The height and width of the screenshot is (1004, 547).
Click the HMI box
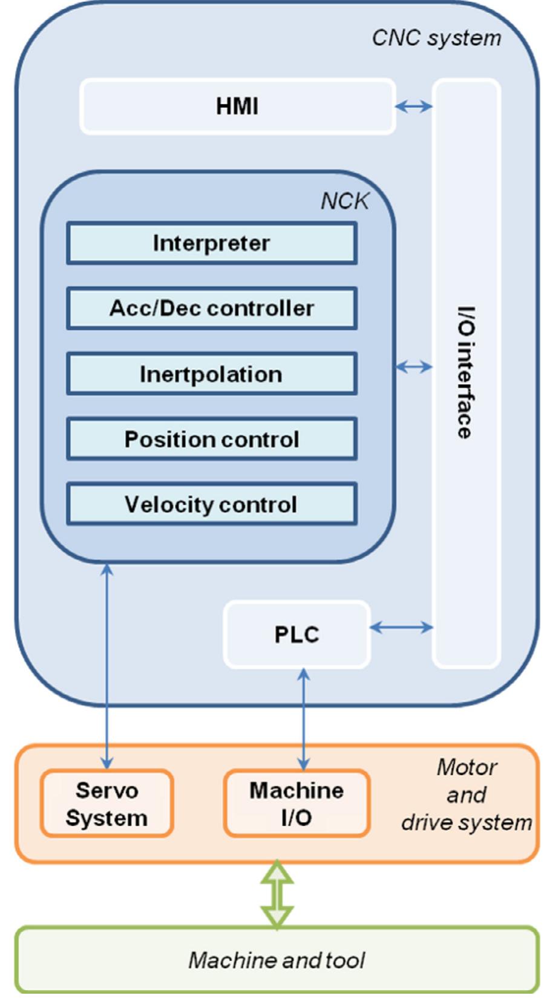pyautogui.click(x=237, y=107)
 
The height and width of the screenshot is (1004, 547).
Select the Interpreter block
pyautogui.click(x=211, y=243)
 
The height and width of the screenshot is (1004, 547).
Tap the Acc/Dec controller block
pyautogui.click(x=211, y=309)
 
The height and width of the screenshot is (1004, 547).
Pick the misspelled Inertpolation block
pyautogui.click(x=211, y=374)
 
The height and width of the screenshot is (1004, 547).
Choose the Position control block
pyautogui.click(x=211, y=439)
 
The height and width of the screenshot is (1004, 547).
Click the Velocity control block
pyautogui.click(x=211, y=504)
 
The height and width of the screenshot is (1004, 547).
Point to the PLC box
pyautogui.click(x=296, y=635)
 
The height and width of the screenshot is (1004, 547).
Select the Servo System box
pyautogui.click(x=106, y=804)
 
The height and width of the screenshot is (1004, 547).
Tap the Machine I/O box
pyautogui.click(x=296, y=804)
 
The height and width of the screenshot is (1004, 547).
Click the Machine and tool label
pyautogui.click(x=277, y=960)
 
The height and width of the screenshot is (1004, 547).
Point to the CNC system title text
pyautogui.click(x=436, y=38)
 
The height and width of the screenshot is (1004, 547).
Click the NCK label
pyautogui.click(x=344, y=201)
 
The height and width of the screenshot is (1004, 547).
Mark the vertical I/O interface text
pyautogui.click(x=465, y=372)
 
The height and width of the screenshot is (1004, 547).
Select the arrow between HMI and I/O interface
pyautogui.click(x=414, y=107)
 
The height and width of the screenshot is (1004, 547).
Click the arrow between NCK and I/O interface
pyautogui.click(x=414, y=366)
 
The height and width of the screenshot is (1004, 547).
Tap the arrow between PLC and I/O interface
pyautogui.click(x=401, y=628)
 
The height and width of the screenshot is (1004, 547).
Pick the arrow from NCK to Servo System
pyautogui.click(x=107, y=666)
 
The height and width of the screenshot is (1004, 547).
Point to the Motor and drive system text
pyautogui.click(x=467, y=795)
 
